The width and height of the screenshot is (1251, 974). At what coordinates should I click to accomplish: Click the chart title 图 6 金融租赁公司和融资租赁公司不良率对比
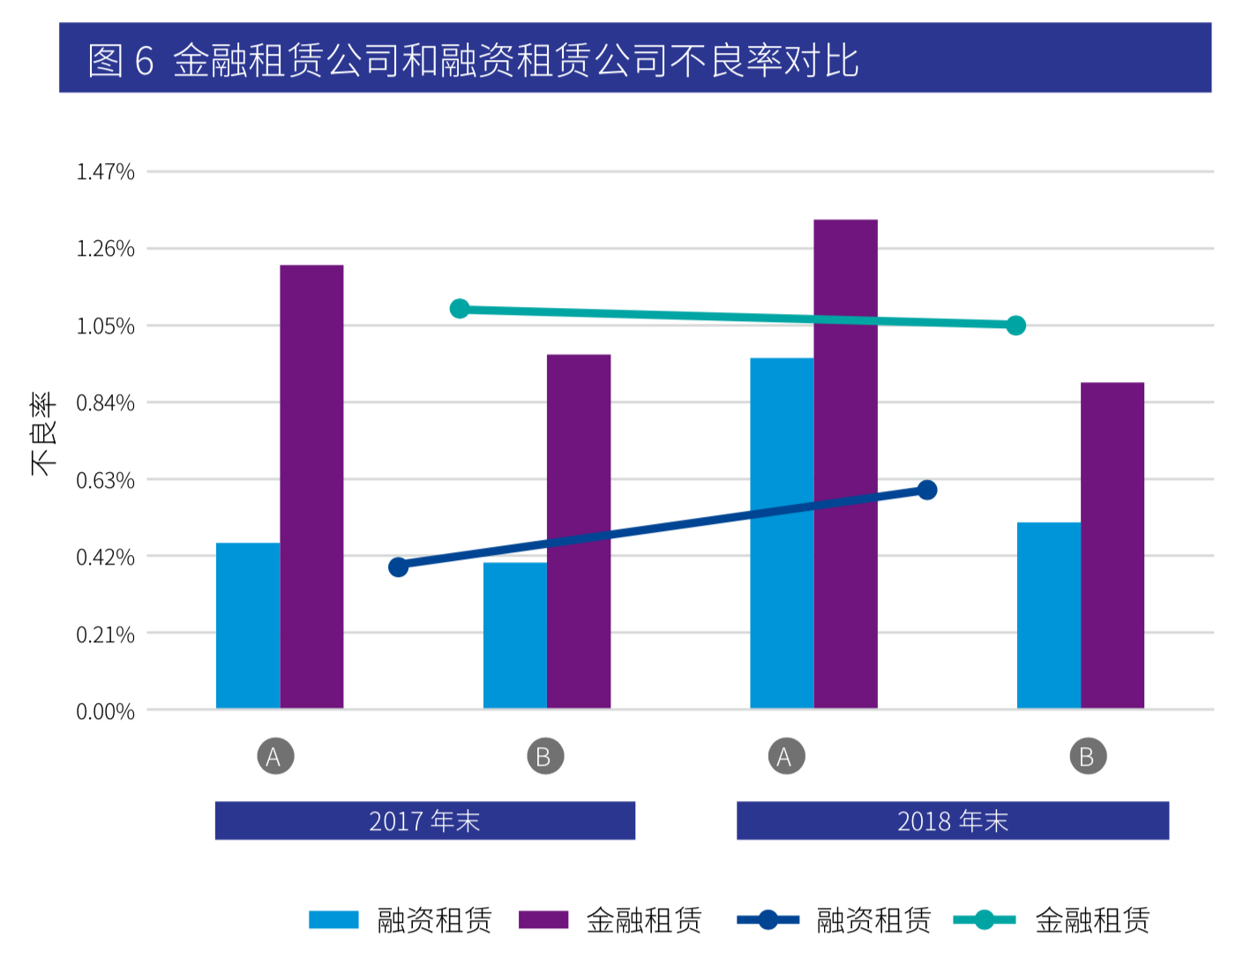click(x=473, y=60)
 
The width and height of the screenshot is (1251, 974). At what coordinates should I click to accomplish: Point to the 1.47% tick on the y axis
click(x=105, y=172)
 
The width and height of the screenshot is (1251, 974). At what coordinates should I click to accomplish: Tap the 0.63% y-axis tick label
click(x=105, y=481)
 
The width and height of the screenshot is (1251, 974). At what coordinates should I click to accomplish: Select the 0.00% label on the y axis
click(x=105, y=712)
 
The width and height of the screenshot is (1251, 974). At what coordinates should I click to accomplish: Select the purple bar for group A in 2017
click(x=311, y=486)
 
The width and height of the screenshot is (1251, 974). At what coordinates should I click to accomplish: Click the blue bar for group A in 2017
click(x=248, y=626)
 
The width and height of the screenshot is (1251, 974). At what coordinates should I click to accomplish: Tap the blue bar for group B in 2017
click(x=515, y=635)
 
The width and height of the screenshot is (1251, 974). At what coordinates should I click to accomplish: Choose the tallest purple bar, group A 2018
click(x=845, y=464)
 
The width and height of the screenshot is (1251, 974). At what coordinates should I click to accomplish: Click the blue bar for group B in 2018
click(x=1049, y=615)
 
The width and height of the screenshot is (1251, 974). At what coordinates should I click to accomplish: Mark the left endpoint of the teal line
click(x=460, y=309)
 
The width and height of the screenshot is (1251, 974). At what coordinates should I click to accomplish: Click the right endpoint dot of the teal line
click(x=1016, y=326)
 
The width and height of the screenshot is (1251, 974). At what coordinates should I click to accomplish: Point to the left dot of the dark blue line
click(x=399, y=566)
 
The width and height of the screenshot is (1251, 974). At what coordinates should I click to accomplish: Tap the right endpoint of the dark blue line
click(x=927, y=490)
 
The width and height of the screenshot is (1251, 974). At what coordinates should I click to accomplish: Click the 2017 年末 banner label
click(x=424, y=821)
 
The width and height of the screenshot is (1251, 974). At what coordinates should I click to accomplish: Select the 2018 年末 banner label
click(x=953, y=821)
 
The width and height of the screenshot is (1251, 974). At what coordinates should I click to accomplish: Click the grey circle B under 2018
click(x=1088, y=756)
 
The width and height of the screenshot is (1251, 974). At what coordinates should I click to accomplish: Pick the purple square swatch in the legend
click(x=543, y=920)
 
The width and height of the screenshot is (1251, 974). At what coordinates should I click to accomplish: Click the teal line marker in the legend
click(x=985, y=920)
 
